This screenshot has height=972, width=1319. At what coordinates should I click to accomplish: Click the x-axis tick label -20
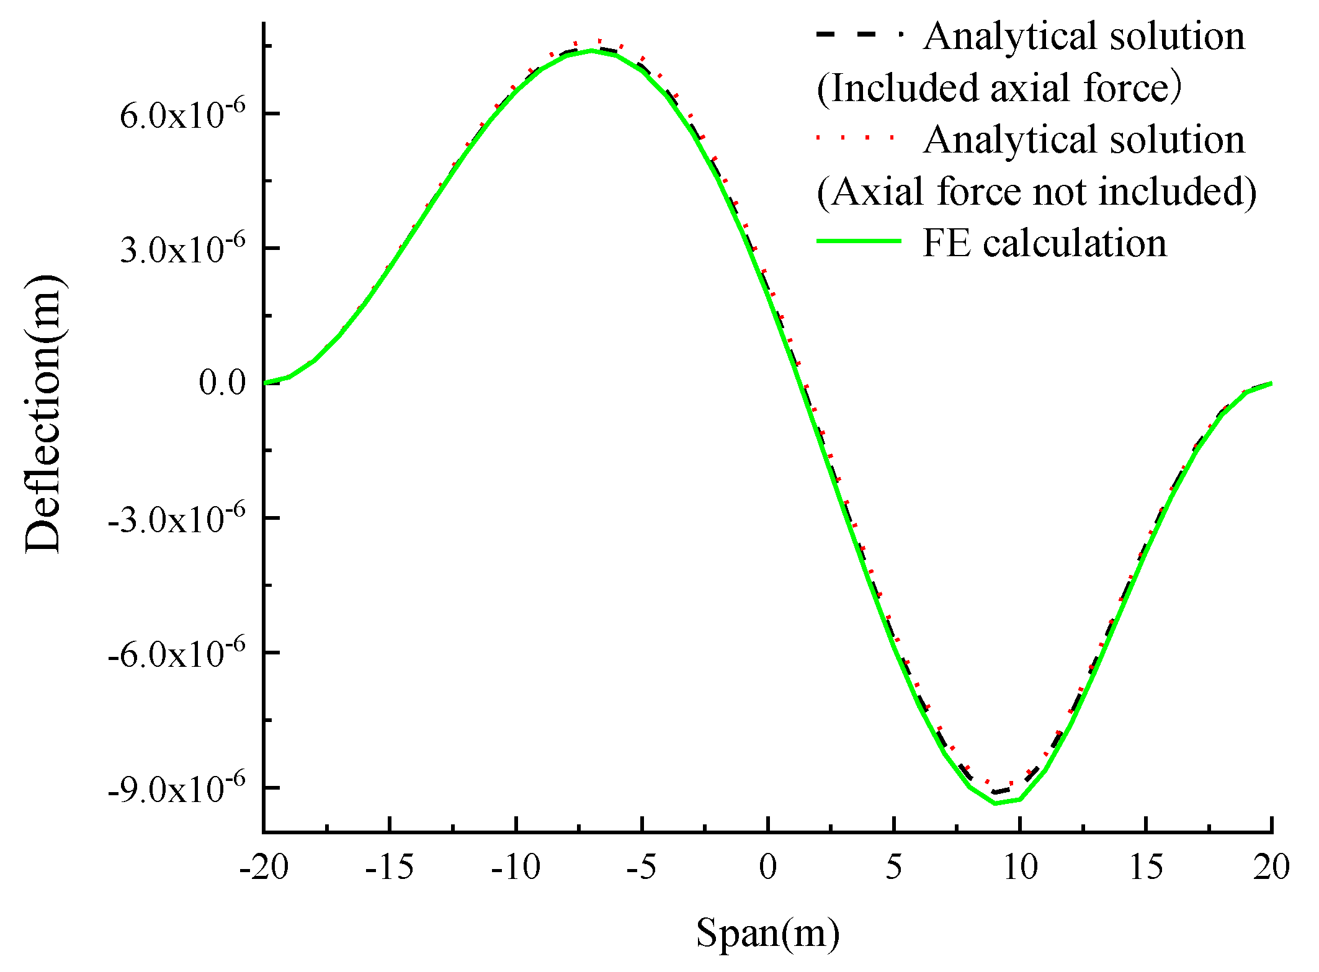pos(264,867)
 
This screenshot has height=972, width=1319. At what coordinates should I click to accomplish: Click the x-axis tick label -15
pos(390,867)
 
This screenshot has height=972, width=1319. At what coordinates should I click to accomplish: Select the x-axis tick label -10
pos(516,867)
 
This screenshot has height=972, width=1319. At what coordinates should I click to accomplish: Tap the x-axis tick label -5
pos(642,867)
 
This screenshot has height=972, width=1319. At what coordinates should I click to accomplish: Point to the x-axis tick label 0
pos(768,867)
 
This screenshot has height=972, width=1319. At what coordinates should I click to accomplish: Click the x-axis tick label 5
pos(893,867)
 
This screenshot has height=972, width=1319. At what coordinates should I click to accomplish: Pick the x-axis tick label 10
pos(1020,867)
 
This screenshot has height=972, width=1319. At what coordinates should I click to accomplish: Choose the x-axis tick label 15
pos(1145,867)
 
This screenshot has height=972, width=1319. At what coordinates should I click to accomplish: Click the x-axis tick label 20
pos(1271,867)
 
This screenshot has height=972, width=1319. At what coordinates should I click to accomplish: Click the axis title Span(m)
pos(767,933)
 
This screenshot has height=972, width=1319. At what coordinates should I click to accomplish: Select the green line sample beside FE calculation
pos(858,241)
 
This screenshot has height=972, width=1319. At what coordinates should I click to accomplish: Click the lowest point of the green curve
pos(996,803)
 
